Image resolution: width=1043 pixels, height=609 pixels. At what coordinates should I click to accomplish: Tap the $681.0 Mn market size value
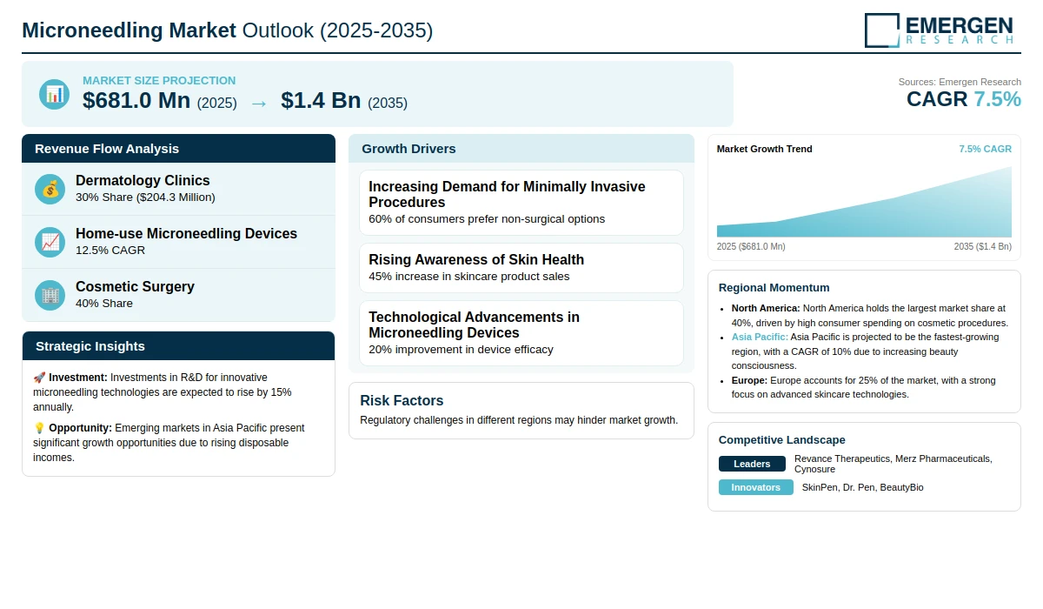(x=136, y=101)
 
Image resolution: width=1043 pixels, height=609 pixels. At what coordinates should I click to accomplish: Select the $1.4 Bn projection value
(x=321, y=101)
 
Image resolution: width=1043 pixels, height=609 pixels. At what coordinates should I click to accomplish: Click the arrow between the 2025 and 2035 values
(x=258, y=103)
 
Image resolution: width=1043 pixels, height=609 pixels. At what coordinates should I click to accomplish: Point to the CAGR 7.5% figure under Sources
(x=963, y=99)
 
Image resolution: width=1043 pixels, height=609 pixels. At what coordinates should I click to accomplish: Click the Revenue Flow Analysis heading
(x=107, y=149)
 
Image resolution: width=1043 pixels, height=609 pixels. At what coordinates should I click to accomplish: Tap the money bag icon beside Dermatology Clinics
(x=50, y=189)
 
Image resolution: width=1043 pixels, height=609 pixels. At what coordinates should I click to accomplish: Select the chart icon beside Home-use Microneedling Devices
(x=50, y=242)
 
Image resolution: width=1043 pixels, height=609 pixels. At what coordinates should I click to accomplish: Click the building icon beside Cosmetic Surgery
(x=50, y=295)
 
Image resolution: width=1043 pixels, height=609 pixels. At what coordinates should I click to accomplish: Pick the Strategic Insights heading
(x=90, y=346)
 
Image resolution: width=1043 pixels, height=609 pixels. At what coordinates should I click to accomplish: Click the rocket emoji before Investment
(x=39, y=378)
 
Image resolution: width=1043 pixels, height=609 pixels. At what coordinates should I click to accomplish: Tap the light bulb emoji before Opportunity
(x=39, y=428)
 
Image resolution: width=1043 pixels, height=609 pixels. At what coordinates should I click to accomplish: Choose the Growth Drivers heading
(x=409, y=149)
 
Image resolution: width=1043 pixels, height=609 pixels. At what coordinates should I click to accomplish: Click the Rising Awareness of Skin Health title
(x=476, y=259)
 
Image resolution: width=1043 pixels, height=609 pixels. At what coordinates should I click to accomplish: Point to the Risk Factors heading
(x=402, y=401)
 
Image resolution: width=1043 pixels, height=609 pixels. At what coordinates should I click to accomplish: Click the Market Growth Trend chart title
(x=764, y=149)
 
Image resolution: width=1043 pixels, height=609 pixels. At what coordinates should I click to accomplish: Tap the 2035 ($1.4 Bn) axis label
(x=982, y=247)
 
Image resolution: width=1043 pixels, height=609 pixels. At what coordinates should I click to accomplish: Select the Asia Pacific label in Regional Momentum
(x=760, y=337)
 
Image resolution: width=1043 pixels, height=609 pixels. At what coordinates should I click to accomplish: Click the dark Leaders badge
(x=752, y=464)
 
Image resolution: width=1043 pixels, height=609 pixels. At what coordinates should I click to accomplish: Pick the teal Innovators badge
(x=755, y=487)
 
